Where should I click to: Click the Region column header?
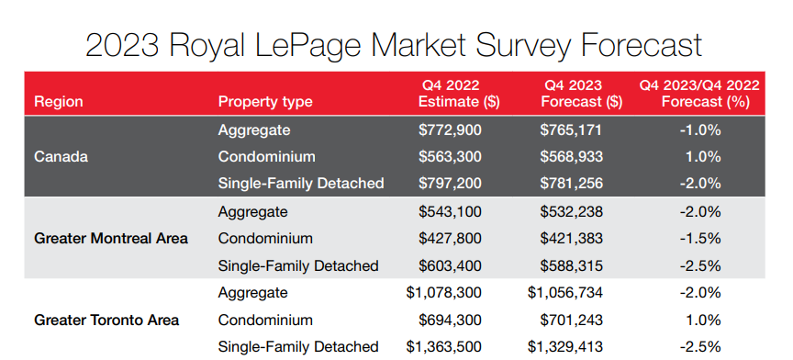pyautogui.click(x=58, y=102)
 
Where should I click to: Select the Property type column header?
pyautogui.click(x=265, y=102)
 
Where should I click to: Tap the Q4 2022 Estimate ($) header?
pyautogui.click(x=451, y=94)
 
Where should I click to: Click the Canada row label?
pyautogui.click(x=61, y=156)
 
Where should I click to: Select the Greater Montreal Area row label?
pyautogui.click(x=111, y=238)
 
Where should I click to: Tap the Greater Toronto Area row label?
pyautogui.click(x=106, y=321)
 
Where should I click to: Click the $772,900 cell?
pyautogui.click(x=451, y=129)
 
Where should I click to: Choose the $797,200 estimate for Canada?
pyautogui.click(x=451, y=183)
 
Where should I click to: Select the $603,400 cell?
pyautogui.click(x=451, y=265)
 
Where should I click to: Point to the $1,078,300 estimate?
pyautogui.click(x=443, y=292)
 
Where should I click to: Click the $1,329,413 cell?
pyautogui.click(x=565, y=346)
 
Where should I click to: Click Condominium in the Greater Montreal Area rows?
pyautogui.click(x=265, y=238)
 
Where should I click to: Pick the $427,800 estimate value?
pyautogui.click(x=451, y=238)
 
